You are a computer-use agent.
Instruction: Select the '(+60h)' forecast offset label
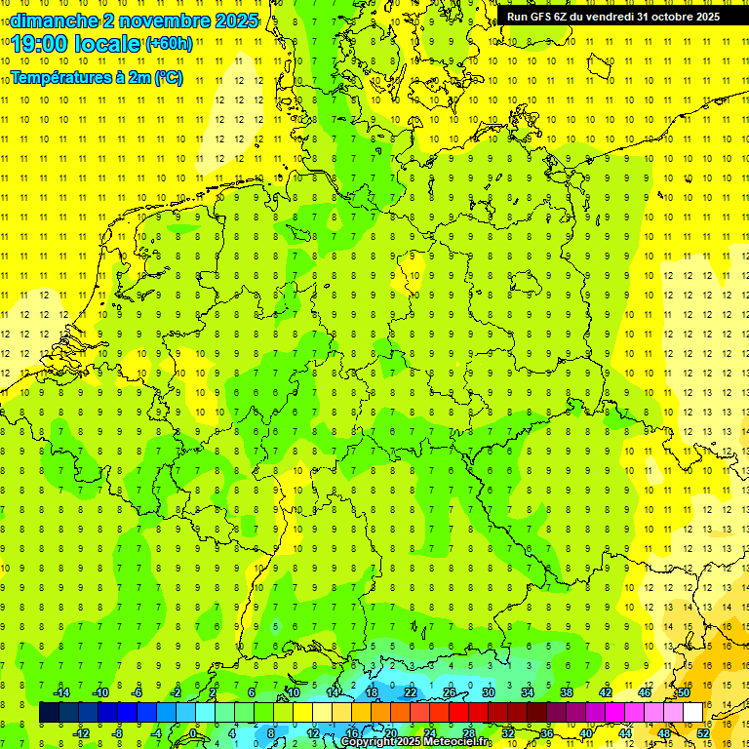pos(169,44)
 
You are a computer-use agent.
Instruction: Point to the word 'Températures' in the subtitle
pos(61,77)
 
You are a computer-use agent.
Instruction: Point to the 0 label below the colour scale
pos(193,732)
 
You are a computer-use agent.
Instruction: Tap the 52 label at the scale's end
pos(703,732)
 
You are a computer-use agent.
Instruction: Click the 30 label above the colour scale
pos(488,692)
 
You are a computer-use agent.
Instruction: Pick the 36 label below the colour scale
pos(546,732)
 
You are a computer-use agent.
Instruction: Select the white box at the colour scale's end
pos(692,713)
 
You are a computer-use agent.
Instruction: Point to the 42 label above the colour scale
pos(605,692)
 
